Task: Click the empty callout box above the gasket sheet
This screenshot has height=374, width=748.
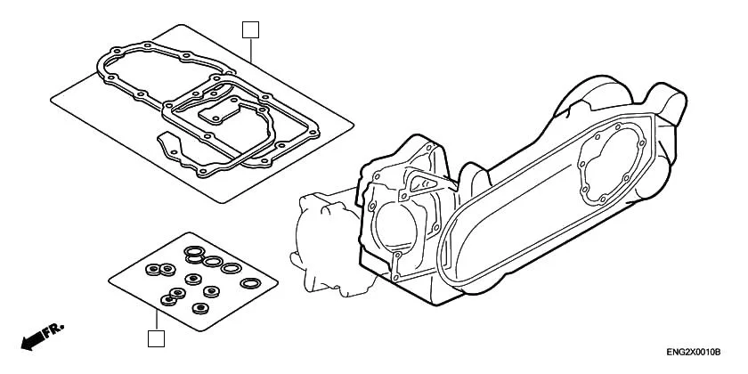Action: pyautogui.click(x=250, y=30)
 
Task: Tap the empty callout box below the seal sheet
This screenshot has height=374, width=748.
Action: pyautogui.click(x=156, y=338)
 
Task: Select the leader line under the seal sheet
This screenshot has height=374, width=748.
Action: pyautogui.click(x=156, y=319)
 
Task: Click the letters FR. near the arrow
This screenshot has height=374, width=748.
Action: pyautogui.click(x=55, y=329)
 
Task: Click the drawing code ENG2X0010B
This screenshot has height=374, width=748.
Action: pyautogui.click(x=693, y=354)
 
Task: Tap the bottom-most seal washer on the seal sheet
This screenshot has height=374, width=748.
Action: pyautogui.click(x=199, y=310)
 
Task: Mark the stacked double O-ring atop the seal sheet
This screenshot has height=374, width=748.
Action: pyautogui.click(x=193, y=254)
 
